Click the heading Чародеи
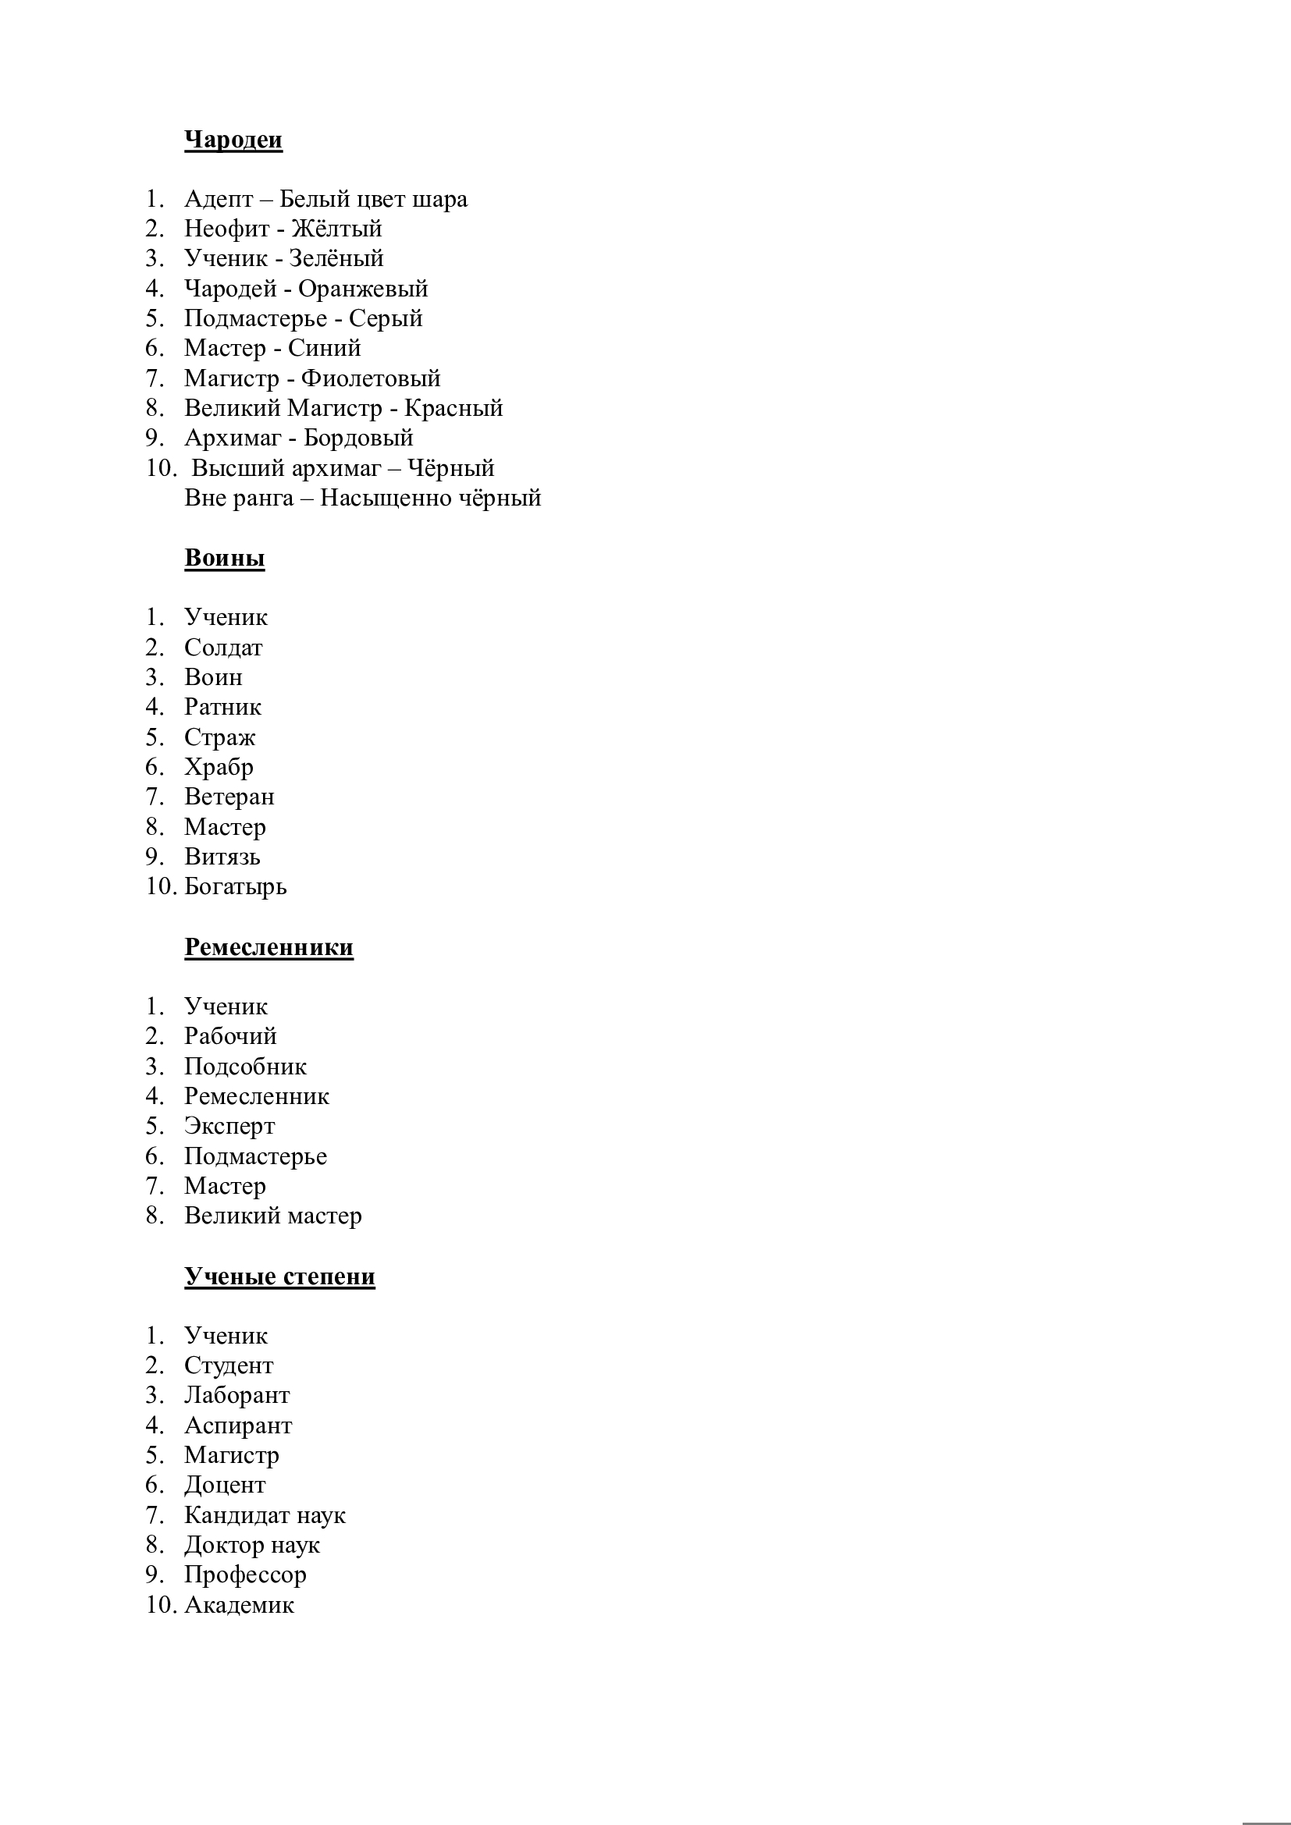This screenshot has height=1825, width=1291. click(x=233, y=140)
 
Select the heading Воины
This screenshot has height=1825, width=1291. click(x=224, y=558)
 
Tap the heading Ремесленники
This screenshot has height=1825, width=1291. click(x=269, y=946)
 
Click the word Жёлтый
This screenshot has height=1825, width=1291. click(x=336, y=229)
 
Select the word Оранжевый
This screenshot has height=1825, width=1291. click(x=362, y=289)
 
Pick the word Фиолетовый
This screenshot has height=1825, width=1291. click(x=371, y=378)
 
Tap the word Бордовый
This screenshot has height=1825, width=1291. click(x=358, y=438)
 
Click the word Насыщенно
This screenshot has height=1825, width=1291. click(x=375, y=499)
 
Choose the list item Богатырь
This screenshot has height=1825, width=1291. click(x=235, y=886)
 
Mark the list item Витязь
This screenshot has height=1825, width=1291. click(x=222, y=857)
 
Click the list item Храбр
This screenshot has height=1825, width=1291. click(x=219, y=767)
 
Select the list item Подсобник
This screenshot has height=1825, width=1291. click(x=245, y=1067)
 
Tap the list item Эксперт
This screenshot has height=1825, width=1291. click(x=229, y=1127)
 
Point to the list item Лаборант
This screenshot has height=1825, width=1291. click(x=237, y=1395)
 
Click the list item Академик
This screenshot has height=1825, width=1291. click(x=240, y=1605)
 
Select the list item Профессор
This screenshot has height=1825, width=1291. click(x=245, y=1575)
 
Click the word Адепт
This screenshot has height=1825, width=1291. click(x=218, y=200)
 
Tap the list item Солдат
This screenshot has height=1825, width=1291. click(x=222, y=648)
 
